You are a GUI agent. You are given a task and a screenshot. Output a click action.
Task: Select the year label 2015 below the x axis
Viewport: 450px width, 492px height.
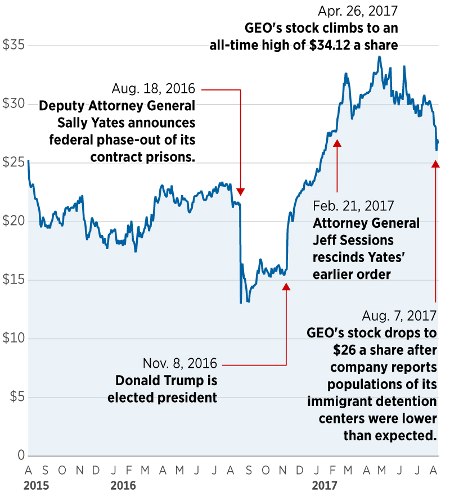click(x=36, y=485)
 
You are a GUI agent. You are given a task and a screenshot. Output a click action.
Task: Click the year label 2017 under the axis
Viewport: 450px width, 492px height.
click(x=325, y=485)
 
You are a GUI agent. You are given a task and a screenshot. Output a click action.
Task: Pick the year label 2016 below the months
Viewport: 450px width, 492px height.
click(x=123, y=485)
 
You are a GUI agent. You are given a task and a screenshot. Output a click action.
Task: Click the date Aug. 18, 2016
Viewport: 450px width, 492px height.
click(x=153, y=89)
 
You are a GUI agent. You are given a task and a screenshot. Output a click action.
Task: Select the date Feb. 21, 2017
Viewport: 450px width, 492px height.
click(x=353, y=206)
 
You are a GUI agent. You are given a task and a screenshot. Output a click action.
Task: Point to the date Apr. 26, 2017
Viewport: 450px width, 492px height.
click(x=358, y=11)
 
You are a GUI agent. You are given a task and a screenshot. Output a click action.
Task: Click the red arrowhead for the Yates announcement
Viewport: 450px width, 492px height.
click(x=241, y=192)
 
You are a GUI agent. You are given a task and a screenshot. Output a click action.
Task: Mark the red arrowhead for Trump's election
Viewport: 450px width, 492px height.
click(x=286, y=286)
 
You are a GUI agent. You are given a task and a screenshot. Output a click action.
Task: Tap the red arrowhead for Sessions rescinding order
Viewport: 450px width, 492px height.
click(x=337, y=143)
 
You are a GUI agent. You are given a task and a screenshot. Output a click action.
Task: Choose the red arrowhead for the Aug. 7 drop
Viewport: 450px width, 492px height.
click(x=435, y=164)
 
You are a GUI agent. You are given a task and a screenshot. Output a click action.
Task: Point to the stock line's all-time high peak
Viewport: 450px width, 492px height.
click(x=380, y=56)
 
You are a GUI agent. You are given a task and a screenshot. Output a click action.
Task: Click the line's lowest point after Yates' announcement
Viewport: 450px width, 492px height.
click(x=241, y=303)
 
